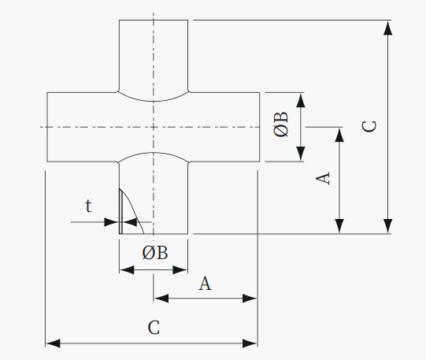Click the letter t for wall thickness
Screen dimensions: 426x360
pos(88,206)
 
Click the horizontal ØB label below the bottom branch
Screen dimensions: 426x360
pos(155,253)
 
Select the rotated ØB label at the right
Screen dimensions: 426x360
pos(281,124)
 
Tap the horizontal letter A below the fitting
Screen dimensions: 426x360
pos(205,284)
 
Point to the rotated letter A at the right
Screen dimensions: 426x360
pos(323,178)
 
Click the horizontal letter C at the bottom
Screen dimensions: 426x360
pos(154,328)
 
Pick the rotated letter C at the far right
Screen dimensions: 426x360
pos(369,127)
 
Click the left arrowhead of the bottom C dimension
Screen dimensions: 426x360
pos(53,343)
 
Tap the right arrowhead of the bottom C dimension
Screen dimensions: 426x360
pos(250,343)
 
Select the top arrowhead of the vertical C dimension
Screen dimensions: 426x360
pos(388,28)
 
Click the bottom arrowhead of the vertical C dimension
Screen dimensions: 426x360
pos(388,226)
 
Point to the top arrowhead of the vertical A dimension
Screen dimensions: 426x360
pos(339,135)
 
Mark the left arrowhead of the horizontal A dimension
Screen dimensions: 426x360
pos(161,299)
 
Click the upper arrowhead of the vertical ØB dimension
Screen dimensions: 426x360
pos(301,100)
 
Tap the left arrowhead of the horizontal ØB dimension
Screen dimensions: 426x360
pos(127,270)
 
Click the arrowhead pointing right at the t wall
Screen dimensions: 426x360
pos(112,222)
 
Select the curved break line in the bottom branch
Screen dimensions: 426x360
pos(132,209)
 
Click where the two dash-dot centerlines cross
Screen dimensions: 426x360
pos(154,127)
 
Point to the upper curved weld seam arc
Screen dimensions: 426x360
pos(154,101)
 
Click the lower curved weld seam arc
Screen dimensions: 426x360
pos(154,153)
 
